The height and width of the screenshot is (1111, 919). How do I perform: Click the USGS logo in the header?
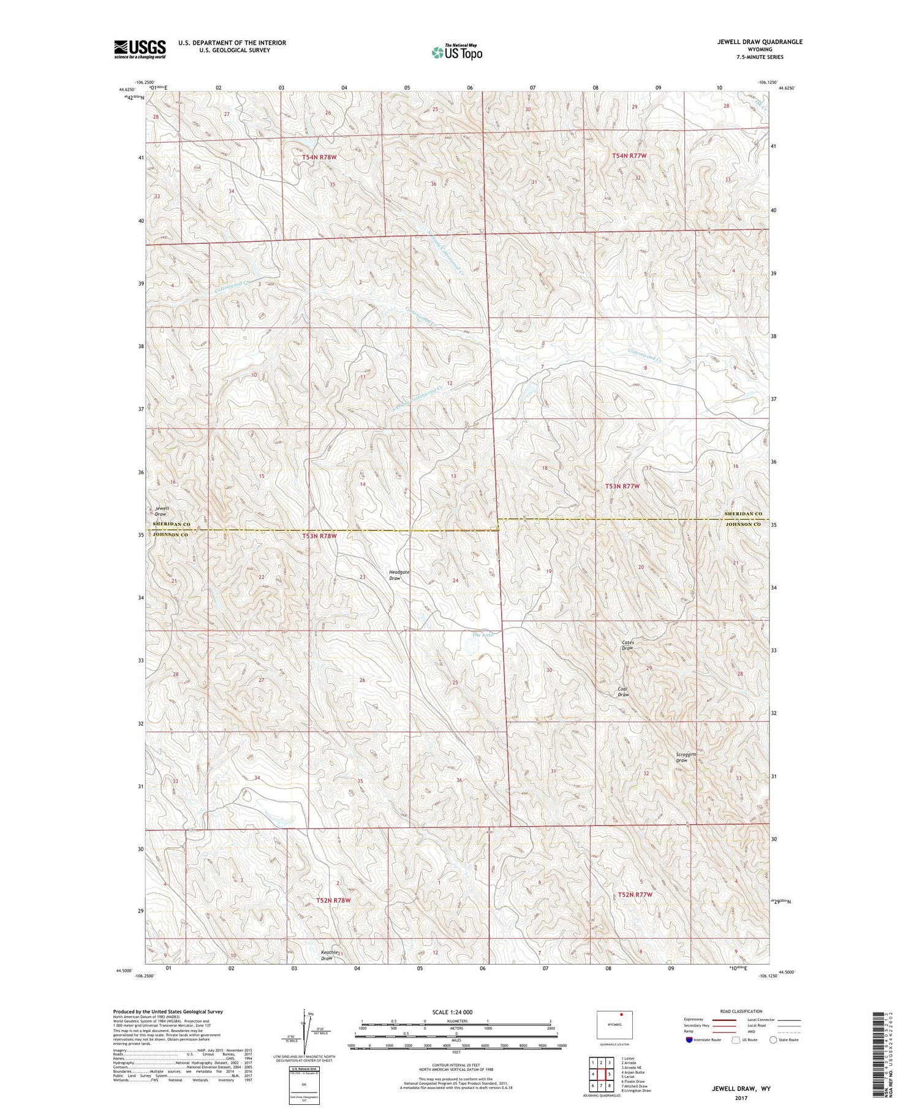coord(140,49)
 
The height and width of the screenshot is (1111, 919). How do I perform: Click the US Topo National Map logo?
coord(456,52)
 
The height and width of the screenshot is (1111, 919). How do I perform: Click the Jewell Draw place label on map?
coord(161,511)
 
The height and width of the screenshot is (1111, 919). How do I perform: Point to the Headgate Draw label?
coord(399,575)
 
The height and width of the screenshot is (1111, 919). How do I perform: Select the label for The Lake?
coord(482,635)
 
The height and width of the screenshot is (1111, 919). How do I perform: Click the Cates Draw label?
coord(627,645)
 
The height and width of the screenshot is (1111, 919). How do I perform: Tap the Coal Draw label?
coord(623,692)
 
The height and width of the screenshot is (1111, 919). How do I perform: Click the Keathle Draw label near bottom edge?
coord(329,955)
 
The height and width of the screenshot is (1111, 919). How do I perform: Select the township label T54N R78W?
coord(319,157)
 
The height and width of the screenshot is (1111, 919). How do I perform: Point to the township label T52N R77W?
coord(635,895)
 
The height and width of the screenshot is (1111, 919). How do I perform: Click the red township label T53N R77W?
coord(622,486)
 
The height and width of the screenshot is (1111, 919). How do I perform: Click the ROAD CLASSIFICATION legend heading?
coord(741,1011)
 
